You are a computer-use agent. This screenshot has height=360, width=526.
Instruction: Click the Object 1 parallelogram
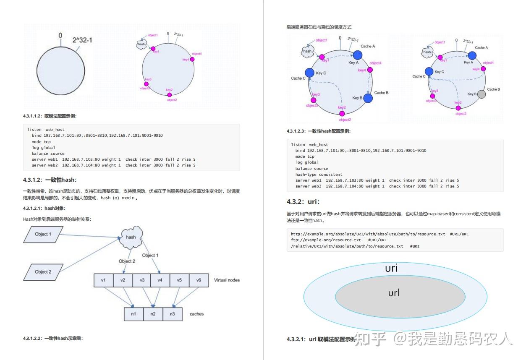(43, 234)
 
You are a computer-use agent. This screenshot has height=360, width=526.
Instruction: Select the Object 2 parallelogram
(43, 272)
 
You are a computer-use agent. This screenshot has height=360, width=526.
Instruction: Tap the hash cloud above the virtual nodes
(131, 237)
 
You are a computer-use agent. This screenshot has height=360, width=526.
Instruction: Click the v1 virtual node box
(103, 280)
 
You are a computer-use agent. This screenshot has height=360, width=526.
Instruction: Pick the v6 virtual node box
(199, 280)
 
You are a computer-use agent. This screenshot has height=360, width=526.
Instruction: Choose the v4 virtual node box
(160, 280)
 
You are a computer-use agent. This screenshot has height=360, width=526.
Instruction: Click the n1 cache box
(133, 314)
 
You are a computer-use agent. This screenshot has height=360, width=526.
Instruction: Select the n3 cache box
(172, 314)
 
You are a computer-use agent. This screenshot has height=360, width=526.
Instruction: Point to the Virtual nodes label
(227, 280)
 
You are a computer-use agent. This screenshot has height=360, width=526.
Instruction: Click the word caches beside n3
(196, 314)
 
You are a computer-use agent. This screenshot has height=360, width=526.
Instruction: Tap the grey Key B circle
(482, 94)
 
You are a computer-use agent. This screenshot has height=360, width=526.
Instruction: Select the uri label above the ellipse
(391, 268)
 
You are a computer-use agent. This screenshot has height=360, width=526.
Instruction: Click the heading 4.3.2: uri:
(303, 201)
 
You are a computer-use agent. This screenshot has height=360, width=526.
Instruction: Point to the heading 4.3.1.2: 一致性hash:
(50, 180)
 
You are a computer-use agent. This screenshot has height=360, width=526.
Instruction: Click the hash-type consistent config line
(319, 174)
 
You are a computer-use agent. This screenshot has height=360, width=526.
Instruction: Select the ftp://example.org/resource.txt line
(326, 240)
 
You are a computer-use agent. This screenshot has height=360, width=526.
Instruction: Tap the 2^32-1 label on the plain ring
(82, 40)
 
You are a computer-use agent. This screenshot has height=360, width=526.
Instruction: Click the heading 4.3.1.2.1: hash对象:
(44, 208)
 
